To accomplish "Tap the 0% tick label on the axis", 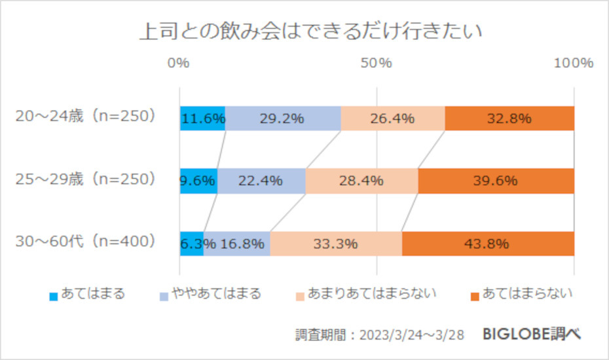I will pyautogui.click(x=179, y=63).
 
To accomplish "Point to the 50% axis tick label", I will pyautogui.click(x=377, y=63).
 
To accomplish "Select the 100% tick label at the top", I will pyautogui.click(x=573, y=63).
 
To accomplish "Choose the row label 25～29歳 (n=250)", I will pyautogui.click(x=86, y=179).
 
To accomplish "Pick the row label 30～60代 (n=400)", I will pyautogui.click(x=86, y=242).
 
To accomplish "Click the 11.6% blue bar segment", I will pyautogui.click(x=202, y=118).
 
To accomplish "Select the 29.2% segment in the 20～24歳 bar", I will pyautogui.click(x=282, y=118).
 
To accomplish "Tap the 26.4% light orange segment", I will pyautogui.click(x=392, y=118).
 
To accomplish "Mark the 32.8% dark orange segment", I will pyautogui.click(x=509, y=118).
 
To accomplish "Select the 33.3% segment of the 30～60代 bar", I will pyautogui.click(x=336, y=244).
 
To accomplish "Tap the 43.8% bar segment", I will pyautogui.click(x=488, y=244).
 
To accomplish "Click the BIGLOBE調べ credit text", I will pyautogui.click(x=531, y=334).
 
